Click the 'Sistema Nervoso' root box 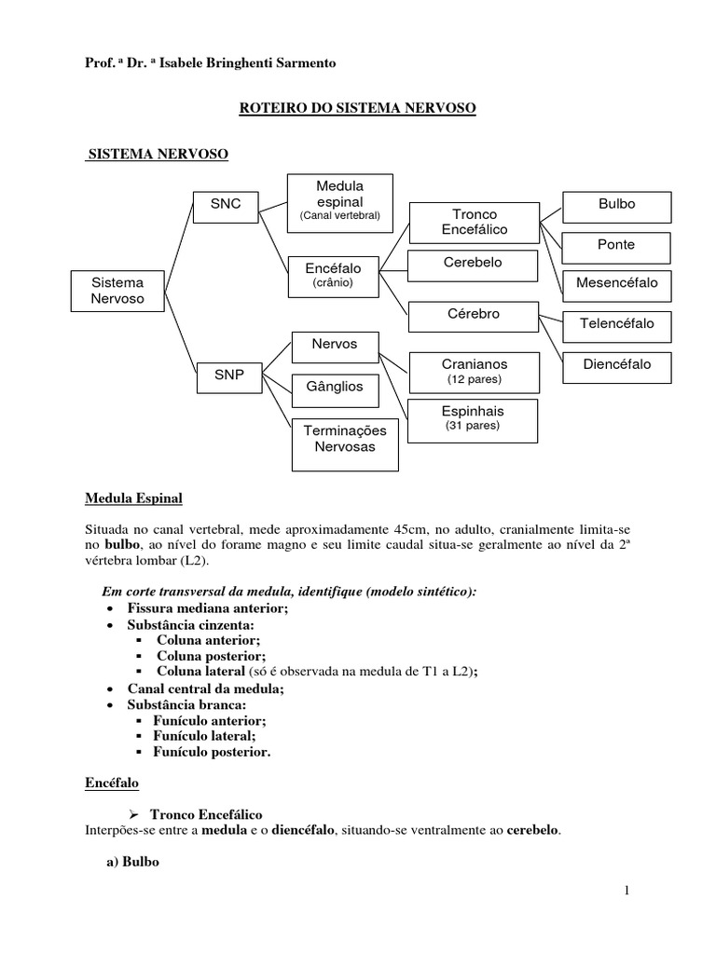tap(118, 290)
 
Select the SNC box tap(226, 204)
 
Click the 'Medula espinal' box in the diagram tap(339, 200)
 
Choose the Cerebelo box tap(473, 264)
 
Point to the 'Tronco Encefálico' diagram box tap(475, 221)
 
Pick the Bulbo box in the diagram tap(616, 204)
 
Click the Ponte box tap(616, 245)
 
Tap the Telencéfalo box tap(617, 323)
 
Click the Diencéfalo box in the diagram tap(617, 365)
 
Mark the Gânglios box tap(334, 386)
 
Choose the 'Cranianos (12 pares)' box tap(475, 370)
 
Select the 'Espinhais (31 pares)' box tap(475, 416)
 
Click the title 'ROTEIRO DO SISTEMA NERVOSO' tap(358, 109)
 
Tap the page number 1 tap(627, 891)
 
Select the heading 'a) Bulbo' tap(133, 862)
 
